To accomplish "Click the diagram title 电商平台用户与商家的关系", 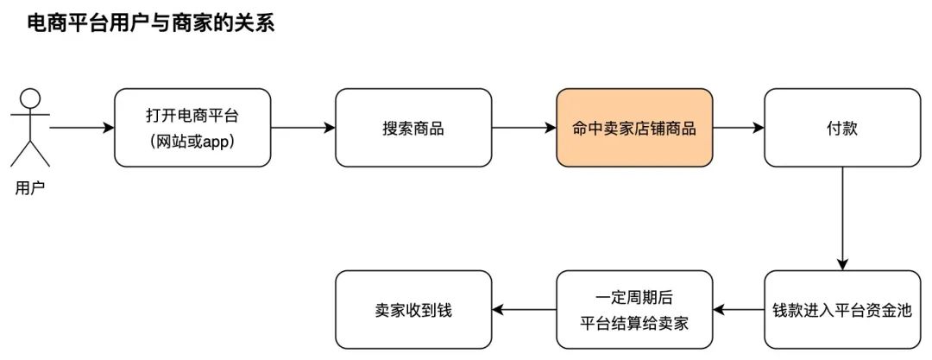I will [152, 23].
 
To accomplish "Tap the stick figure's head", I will [30, 98].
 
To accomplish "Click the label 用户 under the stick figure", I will [29, 188].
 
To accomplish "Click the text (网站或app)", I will [192, 140].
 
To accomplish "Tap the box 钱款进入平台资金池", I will [841, 310].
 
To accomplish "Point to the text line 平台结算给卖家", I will [634, 323].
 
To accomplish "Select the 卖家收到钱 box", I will [412, 310].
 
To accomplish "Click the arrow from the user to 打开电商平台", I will [82, 129].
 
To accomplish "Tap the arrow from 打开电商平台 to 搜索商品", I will [302, 129].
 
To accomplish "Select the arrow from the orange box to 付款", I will [739, 129].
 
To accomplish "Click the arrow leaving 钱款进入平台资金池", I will [739, 310].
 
